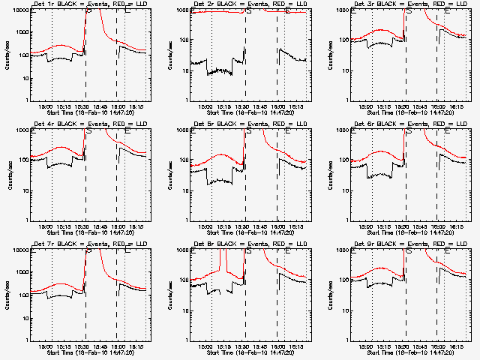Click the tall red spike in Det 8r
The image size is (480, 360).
(x=222, y=262)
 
